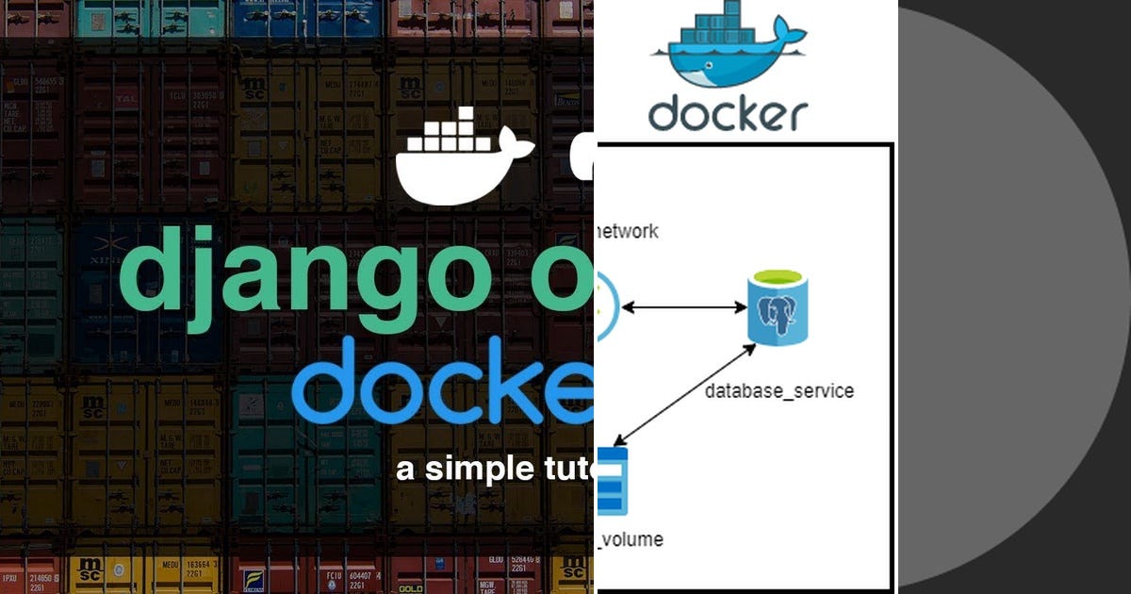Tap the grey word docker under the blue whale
[x=727, y=114]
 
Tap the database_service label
[x=779, y=390]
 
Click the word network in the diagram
[x=629, y=231]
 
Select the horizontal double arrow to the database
[x=684, y=307]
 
